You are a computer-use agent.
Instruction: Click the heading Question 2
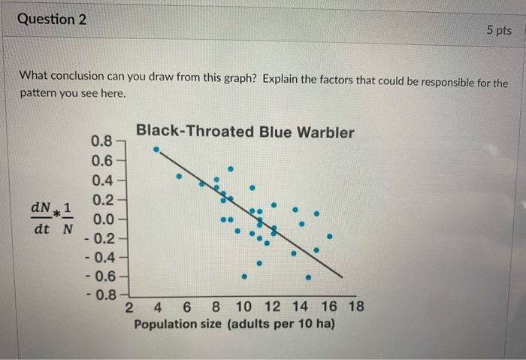[51, 20]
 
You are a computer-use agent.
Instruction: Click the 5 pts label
[497, 31]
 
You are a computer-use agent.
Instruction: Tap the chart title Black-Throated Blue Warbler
[244, 132]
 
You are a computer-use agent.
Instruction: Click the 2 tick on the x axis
[129, 307]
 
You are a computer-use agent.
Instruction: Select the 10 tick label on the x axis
[243, 307]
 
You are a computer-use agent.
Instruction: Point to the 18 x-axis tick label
[355, 307]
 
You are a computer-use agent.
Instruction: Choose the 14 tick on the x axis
[300, 307]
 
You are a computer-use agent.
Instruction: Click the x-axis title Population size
[234, 325]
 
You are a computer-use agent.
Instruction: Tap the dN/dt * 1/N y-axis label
[52, 216]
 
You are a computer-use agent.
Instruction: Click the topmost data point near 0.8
[156, 149]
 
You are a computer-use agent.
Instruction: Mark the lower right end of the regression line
[342, 277]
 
